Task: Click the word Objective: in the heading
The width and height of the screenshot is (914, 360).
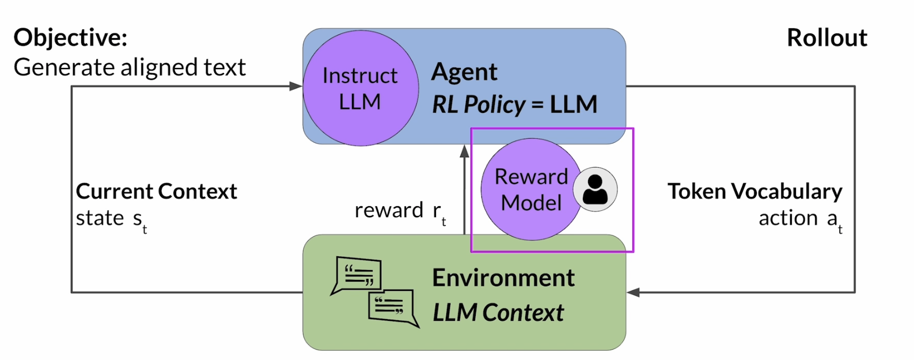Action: point(70,38)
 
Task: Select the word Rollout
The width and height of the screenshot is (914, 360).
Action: point(826,38)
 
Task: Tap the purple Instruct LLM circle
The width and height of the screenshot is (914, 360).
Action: point(360,88)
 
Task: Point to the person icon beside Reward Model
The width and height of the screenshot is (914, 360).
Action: point(595,190)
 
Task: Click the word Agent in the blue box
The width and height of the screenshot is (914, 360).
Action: point(464,72)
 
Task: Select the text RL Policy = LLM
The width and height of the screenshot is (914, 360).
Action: point(514,105)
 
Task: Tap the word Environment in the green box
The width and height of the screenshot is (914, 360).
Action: point(503,278)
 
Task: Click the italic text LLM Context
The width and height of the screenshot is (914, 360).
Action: point(498,312)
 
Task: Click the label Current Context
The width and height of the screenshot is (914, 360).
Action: point(156,191)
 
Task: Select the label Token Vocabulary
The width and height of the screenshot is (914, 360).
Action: point(754,191)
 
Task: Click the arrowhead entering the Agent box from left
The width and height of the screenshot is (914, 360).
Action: point(296,86)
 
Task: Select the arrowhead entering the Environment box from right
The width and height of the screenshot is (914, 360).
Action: point(634,292)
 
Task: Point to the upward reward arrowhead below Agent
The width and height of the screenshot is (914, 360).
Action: point(464,151)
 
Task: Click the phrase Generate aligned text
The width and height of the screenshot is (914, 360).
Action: point(130,67)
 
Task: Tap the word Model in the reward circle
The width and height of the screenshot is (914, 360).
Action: point(531,203)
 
